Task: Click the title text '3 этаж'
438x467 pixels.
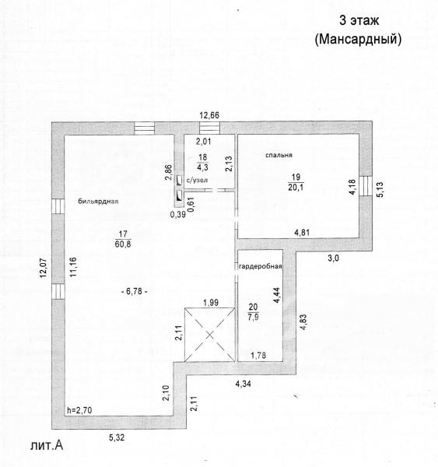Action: point(359,20)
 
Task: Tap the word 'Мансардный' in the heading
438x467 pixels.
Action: point(358,40)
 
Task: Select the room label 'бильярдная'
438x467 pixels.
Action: point(98,202)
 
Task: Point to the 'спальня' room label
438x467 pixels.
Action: point(279,155)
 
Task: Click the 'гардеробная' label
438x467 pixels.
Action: point(261,266)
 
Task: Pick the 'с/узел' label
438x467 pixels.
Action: point(197,181)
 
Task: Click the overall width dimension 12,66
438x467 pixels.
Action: point(209,115)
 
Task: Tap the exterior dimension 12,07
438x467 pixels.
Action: point(44,269)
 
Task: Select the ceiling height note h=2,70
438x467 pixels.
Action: point(79,410)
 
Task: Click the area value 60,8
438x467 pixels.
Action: point(123,244)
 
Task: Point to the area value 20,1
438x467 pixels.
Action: point(296,188)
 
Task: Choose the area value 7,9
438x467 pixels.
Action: point(253,317)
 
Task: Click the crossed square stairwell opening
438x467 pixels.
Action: point(209,335)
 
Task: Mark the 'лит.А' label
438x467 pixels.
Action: point(47,445)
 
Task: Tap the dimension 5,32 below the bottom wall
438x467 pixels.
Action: point(117,437)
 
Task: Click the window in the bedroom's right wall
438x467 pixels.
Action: point(366,186)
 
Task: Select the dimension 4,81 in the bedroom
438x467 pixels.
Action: point(302,232)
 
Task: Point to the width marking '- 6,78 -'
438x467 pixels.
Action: point(135,291)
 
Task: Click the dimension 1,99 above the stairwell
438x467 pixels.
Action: point(211,303)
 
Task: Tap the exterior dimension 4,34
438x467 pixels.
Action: point(243,384)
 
